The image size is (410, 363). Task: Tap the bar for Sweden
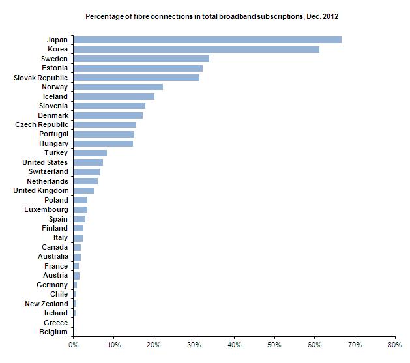click(141, 59)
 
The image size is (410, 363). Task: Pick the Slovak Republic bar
click(136, 78)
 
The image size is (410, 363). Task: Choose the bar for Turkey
click(90, 152)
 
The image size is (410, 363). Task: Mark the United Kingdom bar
click(83, 190)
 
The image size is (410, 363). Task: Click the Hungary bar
click(103, 143)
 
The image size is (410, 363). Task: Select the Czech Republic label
click(41, 124)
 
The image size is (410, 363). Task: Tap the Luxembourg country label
click(46, 209)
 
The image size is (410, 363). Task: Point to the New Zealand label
click(46, 304)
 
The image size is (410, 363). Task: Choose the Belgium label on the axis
click(53, 332)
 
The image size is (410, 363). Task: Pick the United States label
click(45, 162)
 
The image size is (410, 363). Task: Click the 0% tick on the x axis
click(74, 345)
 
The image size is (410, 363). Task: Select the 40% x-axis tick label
click(234, 345)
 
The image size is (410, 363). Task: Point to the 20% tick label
click(154, 345)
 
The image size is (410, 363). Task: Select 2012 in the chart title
click(329, 16)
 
